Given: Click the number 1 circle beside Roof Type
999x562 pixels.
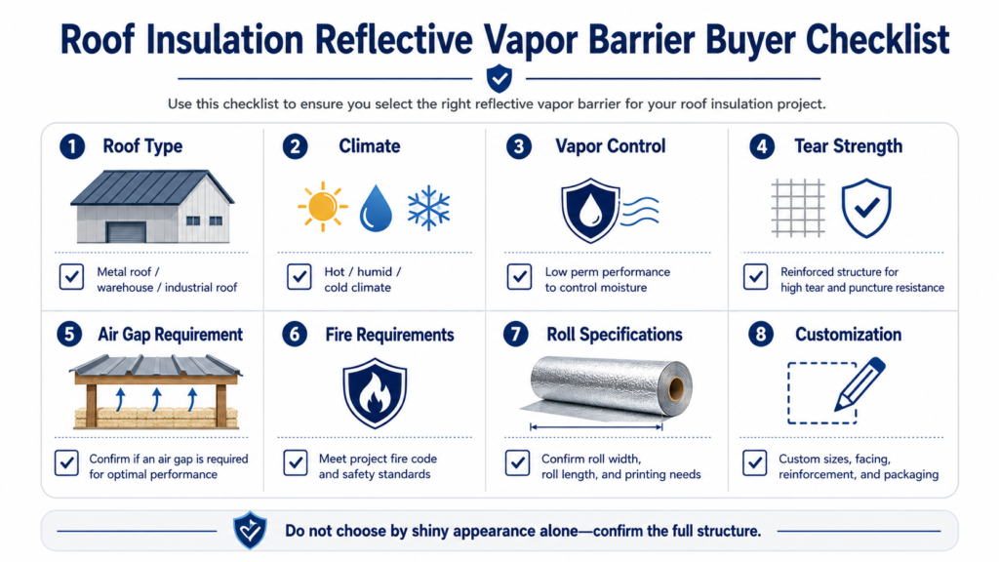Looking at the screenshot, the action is point(72,146).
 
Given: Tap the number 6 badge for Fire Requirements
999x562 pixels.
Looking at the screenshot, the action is point(295,335).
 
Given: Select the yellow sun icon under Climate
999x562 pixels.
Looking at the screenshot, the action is point(322,207).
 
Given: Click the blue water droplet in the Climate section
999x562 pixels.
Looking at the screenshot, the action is point(376,209).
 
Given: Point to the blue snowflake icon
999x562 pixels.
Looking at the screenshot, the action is point(429,208).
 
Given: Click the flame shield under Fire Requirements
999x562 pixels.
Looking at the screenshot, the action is point(375,392).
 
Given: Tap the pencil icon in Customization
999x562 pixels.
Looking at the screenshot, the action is point(859,383).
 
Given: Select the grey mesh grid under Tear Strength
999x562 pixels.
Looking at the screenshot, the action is point(798,209).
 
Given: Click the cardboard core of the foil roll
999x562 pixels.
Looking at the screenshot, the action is point(676,388).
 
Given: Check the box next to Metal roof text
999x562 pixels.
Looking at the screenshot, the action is point(71,277).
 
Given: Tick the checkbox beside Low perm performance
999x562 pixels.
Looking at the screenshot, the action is point(519,277).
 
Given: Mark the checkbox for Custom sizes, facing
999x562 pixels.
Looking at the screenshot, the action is point(755,463).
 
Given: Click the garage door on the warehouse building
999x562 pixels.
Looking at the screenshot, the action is point(126,232).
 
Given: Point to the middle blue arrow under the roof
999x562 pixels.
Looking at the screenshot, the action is point(157,399).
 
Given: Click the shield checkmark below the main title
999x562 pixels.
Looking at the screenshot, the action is point(499,78).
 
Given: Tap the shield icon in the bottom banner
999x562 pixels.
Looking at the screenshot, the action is point(250,530).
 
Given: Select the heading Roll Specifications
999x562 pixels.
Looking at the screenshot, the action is point(615,335).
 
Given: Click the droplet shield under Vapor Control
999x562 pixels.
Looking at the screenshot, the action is point(590,211).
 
